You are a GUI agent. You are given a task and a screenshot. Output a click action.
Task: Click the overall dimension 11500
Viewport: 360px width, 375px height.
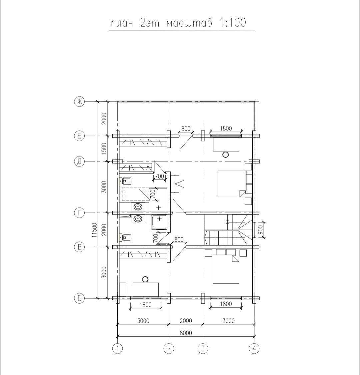coord(95,230)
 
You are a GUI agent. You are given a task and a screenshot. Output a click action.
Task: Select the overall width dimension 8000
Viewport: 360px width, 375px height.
coord(186,333)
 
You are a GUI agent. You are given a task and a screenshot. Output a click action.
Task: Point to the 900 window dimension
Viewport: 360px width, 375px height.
coord(260,230)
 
